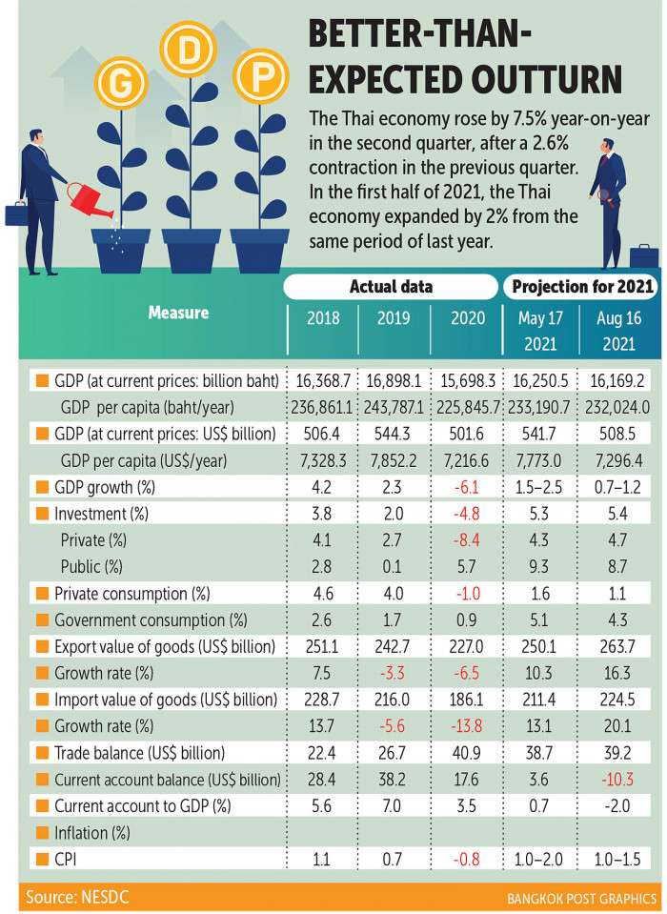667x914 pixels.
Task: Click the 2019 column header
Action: point(392,344)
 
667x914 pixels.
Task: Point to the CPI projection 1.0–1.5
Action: point(621,860)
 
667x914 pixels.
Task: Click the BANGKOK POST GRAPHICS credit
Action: point(579,898)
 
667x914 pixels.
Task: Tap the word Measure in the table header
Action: point(178,312)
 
